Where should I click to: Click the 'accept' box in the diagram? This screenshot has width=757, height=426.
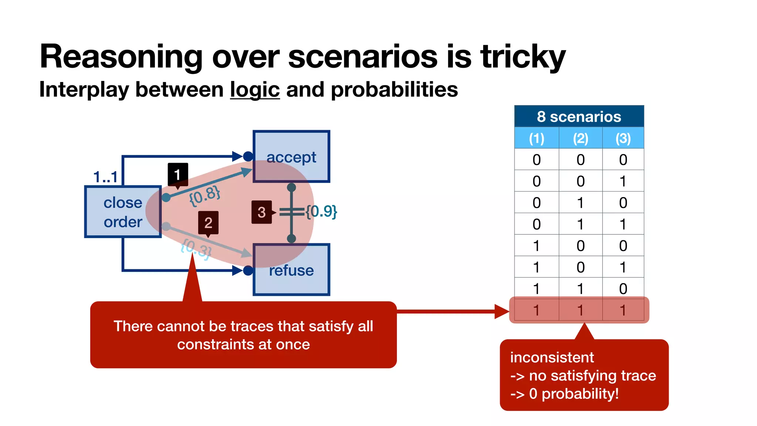click(x=291, y=156)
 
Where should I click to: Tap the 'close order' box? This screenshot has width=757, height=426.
click(x=123, y=212)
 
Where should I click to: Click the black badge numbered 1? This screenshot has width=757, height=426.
click(x=178, y=174)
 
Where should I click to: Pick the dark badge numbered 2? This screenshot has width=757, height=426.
click(x=208, y=222)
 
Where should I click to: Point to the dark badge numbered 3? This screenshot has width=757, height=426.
click(x=261, y=212)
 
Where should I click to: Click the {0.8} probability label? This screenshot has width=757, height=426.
click(x=204, y=196)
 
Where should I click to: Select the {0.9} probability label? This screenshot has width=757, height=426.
click(x=321, y=212)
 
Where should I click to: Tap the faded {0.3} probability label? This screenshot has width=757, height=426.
click(x=196, y=248)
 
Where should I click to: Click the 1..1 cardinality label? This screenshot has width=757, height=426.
click(x=105, y=177)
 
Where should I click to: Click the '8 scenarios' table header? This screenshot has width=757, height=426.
click(x=579, y=116)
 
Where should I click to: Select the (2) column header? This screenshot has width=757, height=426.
click(x=580, y=138)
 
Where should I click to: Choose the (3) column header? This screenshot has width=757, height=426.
click(x=623, y=138)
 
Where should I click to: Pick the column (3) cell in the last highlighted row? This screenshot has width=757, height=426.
click(x=623, y=310)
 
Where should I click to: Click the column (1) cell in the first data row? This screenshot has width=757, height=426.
click(x=536, y=160)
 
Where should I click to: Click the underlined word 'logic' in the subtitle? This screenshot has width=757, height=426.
click(x=255, y=90)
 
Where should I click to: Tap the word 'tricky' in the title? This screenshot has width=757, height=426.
click(x=523, y=57)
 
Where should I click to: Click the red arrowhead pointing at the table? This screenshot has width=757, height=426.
click(x=502, y=311)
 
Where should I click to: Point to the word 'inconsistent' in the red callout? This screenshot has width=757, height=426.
click(x=552, y=358)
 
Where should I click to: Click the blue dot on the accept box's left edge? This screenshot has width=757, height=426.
click(x=248, y=156)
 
